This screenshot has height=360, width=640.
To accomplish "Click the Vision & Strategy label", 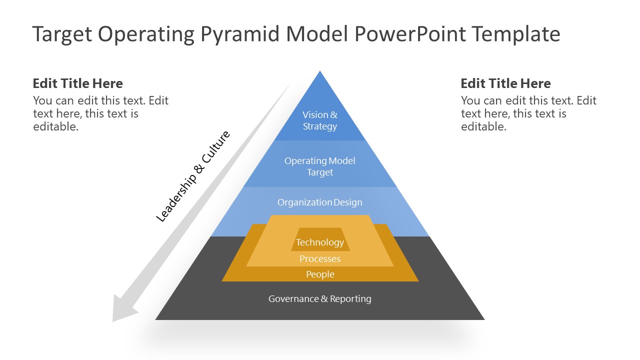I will [320, 120].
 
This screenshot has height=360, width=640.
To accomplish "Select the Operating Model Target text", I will [320, 166].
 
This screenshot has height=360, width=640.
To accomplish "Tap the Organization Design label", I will [320, 202].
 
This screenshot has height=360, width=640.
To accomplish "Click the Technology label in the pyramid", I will [320, 242].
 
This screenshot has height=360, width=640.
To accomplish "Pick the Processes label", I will [320, 259].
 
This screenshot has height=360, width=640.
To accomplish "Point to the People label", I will [320, 274].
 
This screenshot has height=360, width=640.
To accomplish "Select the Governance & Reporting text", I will [320, 299].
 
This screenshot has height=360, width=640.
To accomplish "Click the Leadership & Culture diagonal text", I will [193, 176].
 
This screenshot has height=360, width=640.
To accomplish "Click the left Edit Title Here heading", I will [77, 83].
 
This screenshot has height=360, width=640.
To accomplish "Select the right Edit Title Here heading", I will [505, 83].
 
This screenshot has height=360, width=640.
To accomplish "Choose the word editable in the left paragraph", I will [55, 127].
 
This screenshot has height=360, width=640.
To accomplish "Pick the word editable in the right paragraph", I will [483, 127].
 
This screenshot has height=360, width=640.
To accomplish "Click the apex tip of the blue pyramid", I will [320, 72].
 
